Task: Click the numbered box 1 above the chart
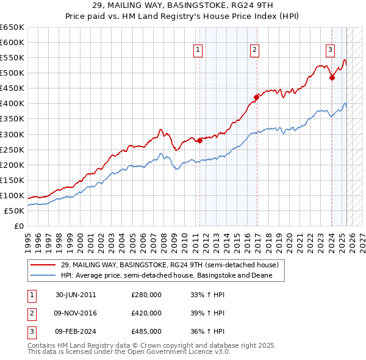199,51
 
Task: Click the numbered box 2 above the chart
254,51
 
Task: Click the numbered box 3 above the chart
330,51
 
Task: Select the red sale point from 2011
199,140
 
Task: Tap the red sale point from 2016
257,97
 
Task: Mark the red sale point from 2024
332,77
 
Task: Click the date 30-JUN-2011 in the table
76,295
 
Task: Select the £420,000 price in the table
146,313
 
